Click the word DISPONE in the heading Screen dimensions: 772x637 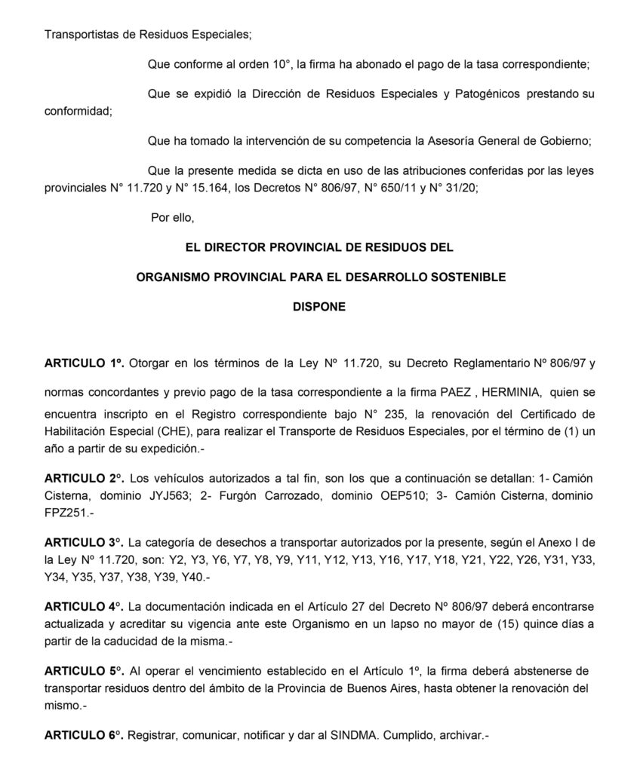click(318, 308)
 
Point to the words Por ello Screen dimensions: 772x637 click(173, 218)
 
